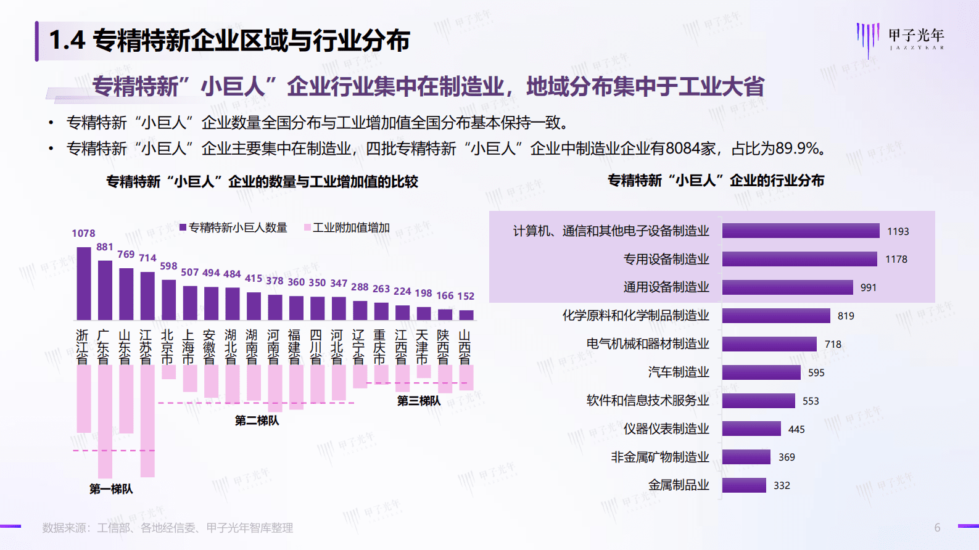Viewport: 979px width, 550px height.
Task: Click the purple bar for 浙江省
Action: (x=84, y=283)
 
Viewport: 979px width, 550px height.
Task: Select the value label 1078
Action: (x=83, y=233)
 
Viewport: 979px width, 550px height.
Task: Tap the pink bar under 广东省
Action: (x=105, y=421)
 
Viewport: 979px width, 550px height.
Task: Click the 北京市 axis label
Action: (x=167, y=347)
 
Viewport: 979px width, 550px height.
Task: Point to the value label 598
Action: (x=168, y=266)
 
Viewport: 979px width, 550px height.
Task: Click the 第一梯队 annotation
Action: (x=111, y=489)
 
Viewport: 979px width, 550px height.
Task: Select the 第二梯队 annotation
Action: (x=257, y=421)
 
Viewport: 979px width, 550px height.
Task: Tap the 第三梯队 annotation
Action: (x=419, y=401)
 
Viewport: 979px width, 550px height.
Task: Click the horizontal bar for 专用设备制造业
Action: (x=799, y=259)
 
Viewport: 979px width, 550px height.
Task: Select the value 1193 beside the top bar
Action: (x=898, y=231)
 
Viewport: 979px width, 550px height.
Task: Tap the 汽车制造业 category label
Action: (x=679, y=372)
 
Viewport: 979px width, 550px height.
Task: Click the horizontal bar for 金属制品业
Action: (x=744, y=485)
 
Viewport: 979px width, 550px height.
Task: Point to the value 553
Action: (x=811, y=401)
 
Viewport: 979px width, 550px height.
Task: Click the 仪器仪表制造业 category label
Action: (x=666, y=429)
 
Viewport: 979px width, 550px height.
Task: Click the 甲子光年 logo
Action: (x=901, y=39)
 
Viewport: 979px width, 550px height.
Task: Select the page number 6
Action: (x=937, y=528)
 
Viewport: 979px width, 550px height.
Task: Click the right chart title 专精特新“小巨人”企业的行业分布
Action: (x=716, y=181)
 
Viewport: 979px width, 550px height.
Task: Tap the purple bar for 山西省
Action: (x=467, y=314)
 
